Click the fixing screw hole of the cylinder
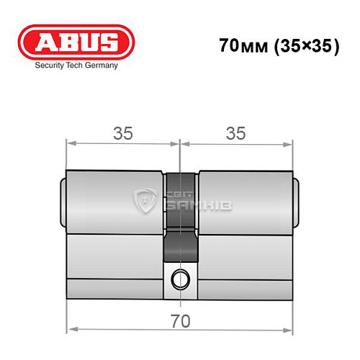tap(179, 276)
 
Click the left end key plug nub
tap(63, 195)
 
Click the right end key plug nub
tap(296, 195)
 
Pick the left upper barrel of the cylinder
tap(115, 194)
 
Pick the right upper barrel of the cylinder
tap(245, 194)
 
